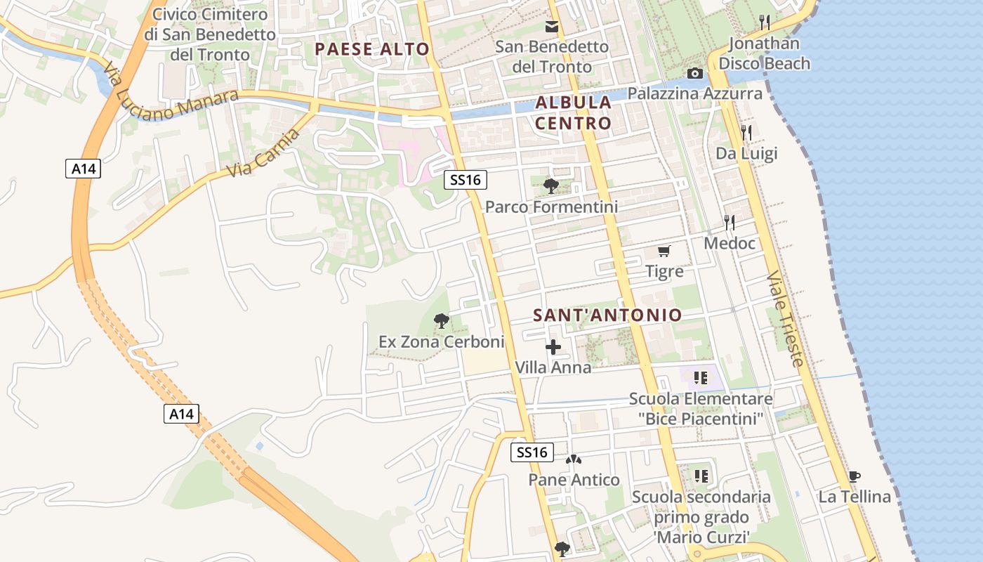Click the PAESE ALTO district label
[x=371, y=48]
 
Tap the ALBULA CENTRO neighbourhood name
[x=573, y=112]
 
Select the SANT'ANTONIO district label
[x=607, y=315]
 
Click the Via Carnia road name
[x=263, y=152]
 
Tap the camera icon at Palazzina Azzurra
[x=694, y=74]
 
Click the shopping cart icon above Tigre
[x=664, y=251]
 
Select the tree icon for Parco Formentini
[x=551, y=186]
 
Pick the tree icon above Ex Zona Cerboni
[x=442, y=322]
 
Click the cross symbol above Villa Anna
[x=553, y=347]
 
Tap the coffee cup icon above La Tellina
[x=855, y=476]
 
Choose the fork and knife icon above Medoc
[x=730, y=223]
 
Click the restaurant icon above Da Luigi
[x=746, y=132]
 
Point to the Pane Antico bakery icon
[x=574, y=460]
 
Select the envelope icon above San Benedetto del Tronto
[x=552, y=27]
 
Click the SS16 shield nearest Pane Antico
[x=532, y=452]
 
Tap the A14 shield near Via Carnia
[x=84, y=169]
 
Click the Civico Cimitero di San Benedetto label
[x=210, y=34]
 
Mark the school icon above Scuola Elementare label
[x=700, y=379]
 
